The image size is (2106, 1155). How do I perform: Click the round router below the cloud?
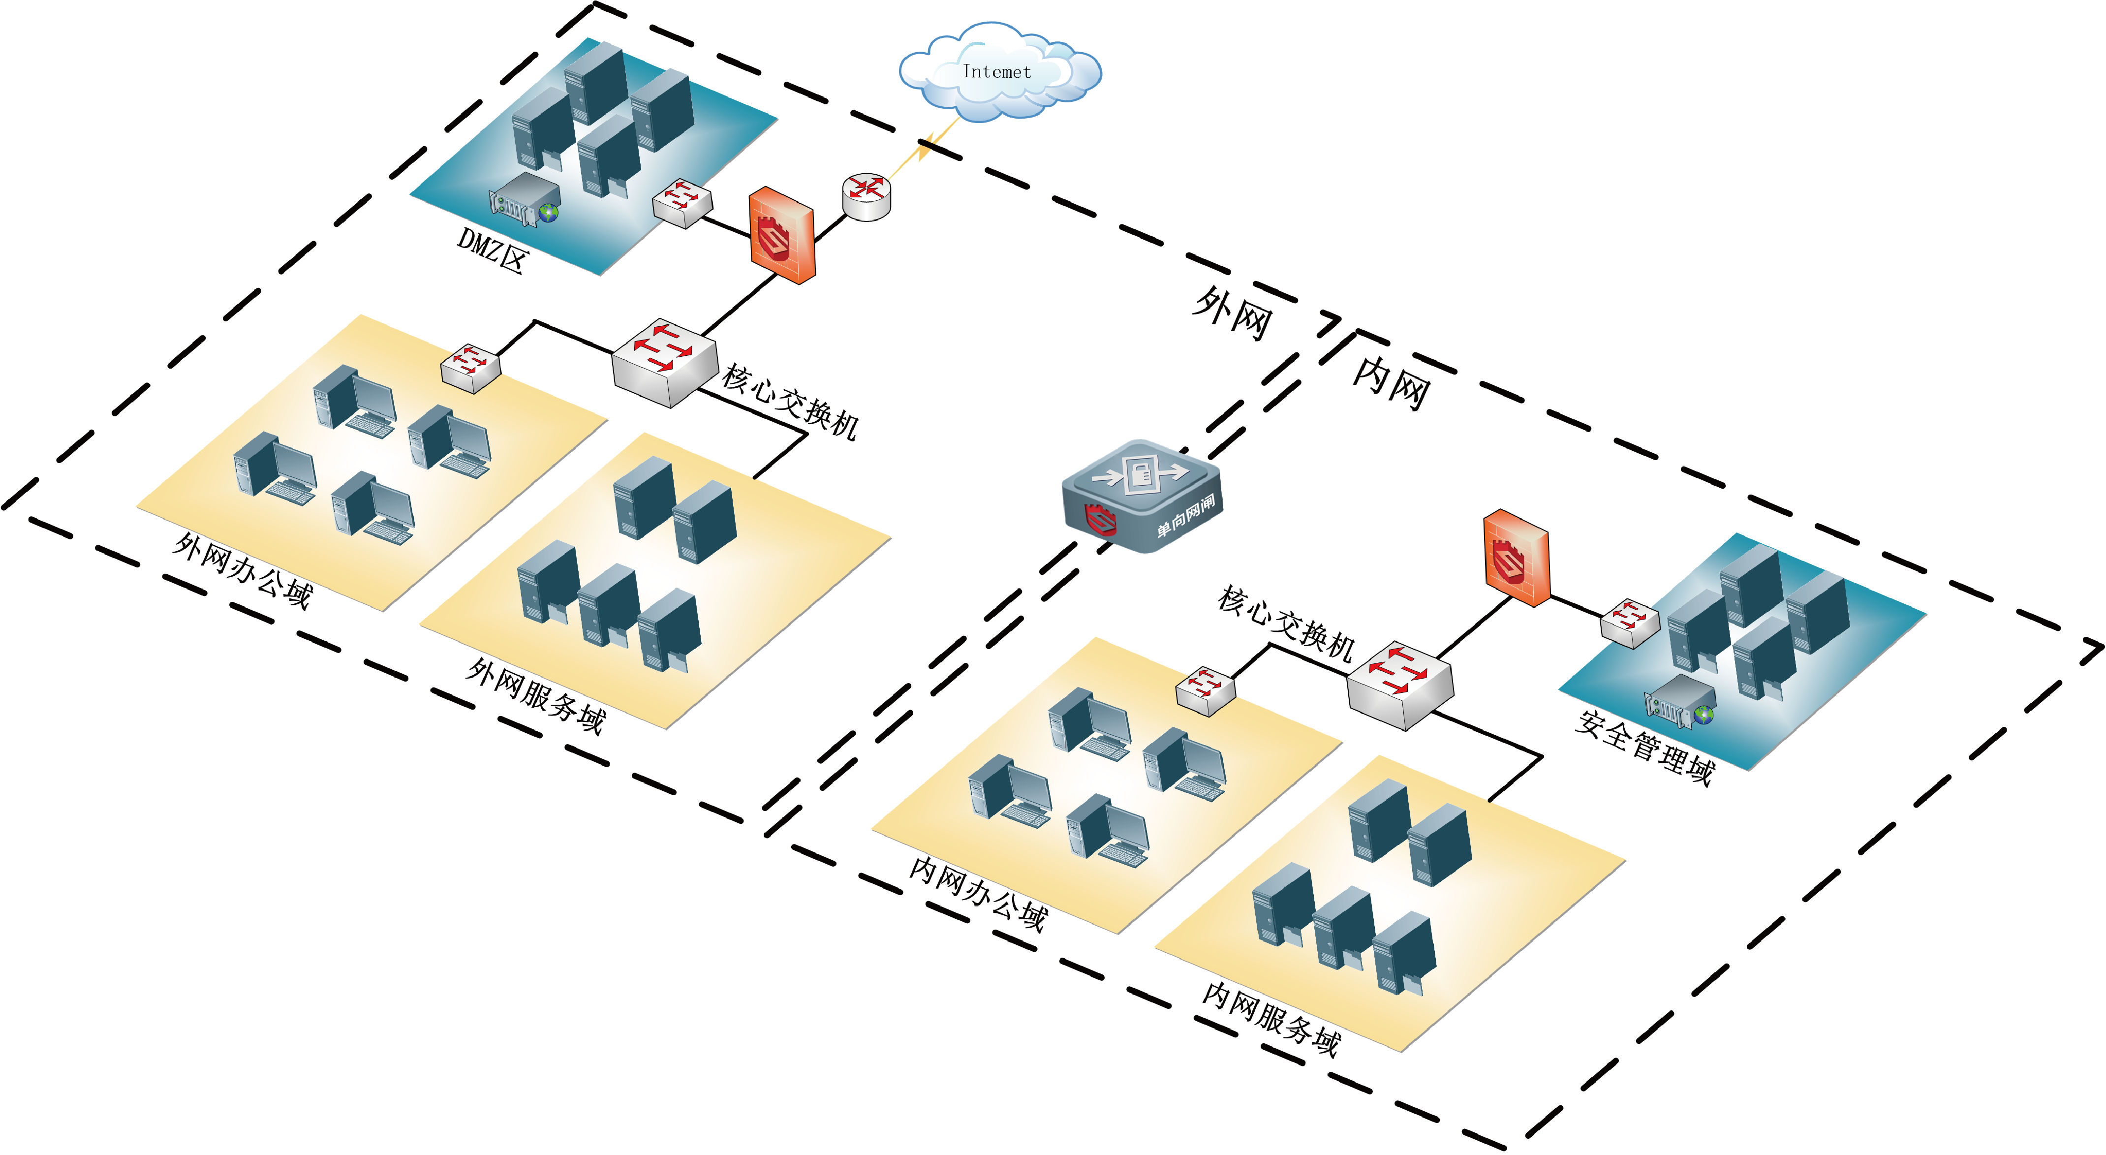[x=867, y=196]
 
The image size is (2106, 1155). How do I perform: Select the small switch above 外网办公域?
[x=470, y=368]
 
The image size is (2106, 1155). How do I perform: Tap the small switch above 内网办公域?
[x=1205, y=691]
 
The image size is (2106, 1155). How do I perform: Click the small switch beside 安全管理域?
[x=1629, y=623]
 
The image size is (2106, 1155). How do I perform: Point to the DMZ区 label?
[x=493, y=250]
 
